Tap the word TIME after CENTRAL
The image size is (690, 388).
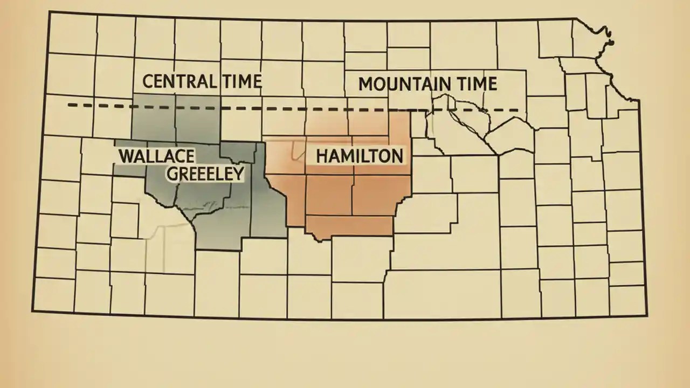[x=240, y=81]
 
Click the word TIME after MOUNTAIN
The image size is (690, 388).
[x=475, y=84]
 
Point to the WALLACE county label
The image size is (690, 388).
[x=156, y=156]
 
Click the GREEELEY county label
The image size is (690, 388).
[x=205, y=173]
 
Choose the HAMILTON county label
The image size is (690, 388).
[x=359, y=156]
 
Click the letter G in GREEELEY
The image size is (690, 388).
[x=172, y=173]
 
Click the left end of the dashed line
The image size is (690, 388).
[x=69, y=105]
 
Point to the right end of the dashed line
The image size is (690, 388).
[x=519, y=110]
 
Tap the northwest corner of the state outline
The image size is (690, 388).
[x=50, y=12]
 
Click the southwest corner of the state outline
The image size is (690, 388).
[x=33, y=311]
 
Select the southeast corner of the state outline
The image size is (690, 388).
[x=645, y=316]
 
